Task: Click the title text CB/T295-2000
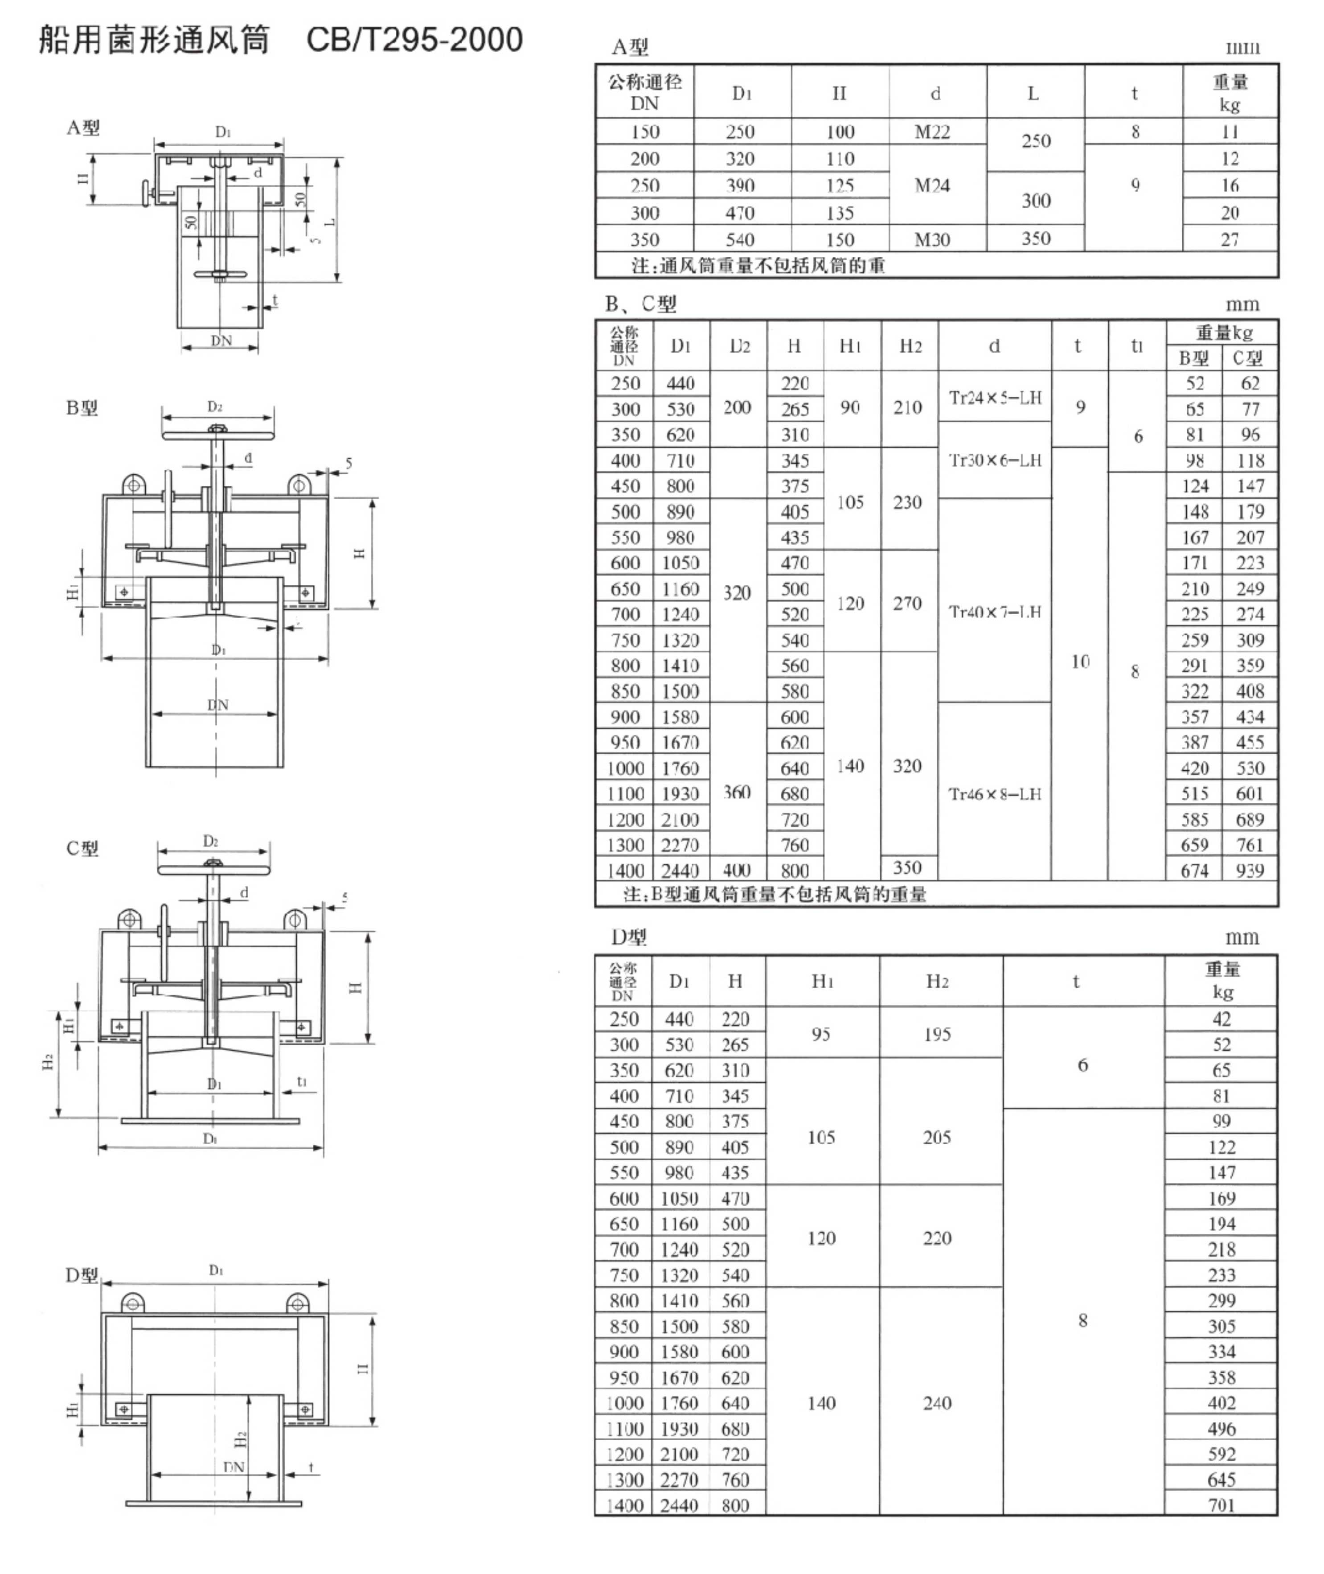pyautogui.click(x=414, y=40)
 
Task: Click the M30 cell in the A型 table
pyautogui.click(x=932, y=239)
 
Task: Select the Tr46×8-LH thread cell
pyautogui.click(x=995, y=794)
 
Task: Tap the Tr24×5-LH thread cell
pyautogui.click(x=995, y=398)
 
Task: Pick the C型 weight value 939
pyautogui.click(x=1250, y=871)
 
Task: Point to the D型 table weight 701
pyautogui.click(x=1221, y=1505)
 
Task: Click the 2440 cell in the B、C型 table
pyautogui.click(x=680, y=871)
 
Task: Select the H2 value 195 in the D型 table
pyautogui.click(x=937, y=1034)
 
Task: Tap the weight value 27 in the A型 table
pyautogui.click(x=1230, y=239)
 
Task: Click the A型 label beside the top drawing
pyautogui.click(x=82, y=127)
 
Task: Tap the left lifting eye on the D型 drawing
pyautogui.click(x=133, y=1302)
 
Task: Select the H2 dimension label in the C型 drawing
pyautogui.click(x=47, y=1062)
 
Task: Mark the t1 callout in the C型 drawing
pyautogui.click(x=302, y=1081)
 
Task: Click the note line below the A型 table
pyautogui.click(x=758, y=265)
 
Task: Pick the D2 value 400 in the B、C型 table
pyautogui.click(x=737, y=870)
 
